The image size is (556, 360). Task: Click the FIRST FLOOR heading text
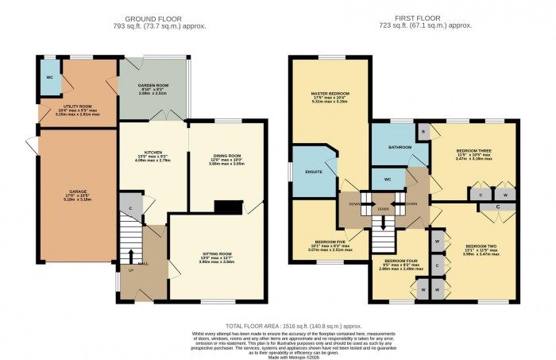click(404, 18)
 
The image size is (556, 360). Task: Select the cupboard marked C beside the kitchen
click(129, 206)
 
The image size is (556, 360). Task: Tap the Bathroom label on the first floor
click(400, 147)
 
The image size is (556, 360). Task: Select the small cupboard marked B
click(423, 131)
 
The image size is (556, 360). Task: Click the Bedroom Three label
click(474, 151)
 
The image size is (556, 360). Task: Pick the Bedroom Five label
click(330, 241)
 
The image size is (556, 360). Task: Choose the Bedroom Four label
click(400, 260)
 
